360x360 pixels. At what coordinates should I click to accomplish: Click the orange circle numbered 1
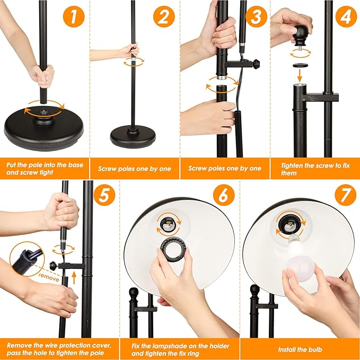(74, 16)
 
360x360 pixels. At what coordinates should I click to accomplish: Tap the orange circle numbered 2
(164, 16)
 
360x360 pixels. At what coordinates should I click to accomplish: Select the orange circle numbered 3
(257, 16)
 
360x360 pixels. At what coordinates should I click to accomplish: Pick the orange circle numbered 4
(346, 16)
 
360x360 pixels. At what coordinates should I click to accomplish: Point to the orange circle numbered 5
(104, 195)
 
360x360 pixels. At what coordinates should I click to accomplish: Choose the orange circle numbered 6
(224, 195)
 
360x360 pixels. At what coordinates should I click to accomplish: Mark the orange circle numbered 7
(346, 195)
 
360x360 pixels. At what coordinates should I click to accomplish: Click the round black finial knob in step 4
(301, 35)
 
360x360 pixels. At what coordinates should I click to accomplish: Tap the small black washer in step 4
(300, 65)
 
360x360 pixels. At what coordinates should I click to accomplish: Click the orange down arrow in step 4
(300, 75)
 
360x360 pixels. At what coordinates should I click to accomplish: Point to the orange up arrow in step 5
(74, 278)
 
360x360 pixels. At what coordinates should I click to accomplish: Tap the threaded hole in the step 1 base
(43, 112)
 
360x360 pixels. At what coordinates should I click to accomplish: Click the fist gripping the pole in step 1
(42, 76)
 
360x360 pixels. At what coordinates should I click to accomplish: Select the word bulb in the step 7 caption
(314, 349)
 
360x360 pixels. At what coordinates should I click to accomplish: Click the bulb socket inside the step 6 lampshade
(168, 225)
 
